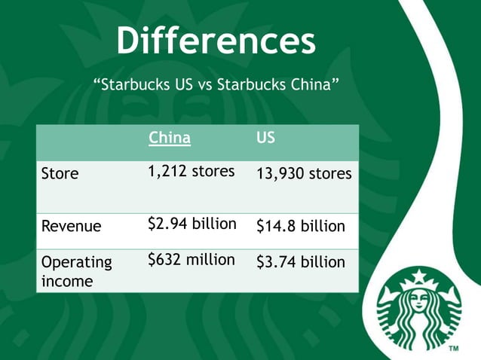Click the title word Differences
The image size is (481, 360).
216,41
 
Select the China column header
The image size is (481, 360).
169,139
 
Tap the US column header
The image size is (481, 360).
265,139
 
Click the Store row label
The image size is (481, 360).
60,174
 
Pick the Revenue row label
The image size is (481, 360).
72,225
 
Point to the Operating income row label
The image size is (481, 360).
76,271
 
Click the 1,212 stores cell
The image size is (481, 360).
191,172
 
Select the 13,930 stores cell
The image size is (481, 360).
304,174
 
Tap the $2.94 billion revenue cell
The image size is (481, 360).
192,224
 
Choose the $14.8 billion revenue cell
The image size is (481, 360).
301,225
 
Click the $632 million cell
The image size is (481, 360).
191,260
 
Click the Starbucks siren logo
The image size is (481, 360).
419,310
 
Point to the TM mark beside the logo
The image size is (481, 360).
454,349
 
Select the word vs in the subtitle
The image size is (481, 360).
204,84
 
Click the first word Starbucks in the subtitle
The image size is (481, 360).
134,84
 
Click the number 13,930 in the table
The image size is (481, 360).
280,174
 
